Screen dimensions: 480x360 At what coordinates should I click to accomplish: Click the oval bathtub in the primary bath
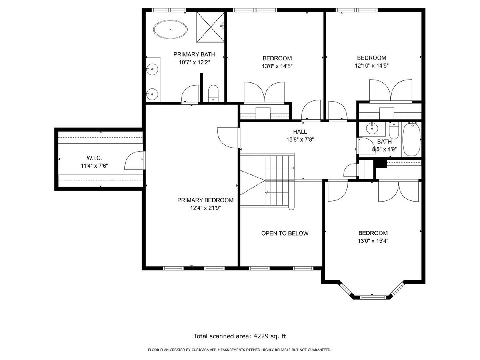(170, 29)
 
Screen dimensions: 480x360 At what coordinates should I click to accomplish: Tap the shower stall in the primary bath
(210, 27)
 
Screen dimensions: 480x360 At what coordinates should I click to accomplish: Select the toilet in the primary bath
(213, 93)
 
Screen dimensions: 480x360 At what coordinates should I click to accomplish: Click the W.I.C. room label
(94, 158)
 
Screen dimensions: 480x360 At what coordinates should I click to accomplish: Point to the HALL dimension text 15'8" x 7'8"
(300, 140)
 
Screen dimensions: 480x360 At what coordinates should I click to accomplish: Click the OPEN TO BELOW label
(285, 233)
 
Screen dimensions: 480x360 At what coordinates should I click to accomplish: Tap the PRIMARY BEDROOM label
(205, 200)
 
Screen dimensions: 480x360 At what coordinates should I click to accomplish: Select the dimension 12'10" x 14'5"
(372, 66)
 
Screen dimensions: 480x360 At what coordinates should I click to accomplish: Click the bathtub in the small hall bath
(411, 140)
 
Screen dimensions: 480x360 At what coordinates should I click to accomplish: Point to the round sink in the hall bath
(372, 128)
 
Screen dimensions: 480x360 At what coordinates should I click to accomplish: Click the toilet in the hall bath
(394, 130)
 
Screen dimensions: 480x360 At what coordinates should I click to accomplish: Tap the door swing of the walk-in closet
(134, 160)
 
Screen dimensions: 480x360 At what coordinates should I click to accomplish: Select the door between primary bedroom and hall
(228, 138)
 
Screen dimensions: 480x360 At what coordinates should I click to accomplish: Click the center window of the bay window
(372, 297)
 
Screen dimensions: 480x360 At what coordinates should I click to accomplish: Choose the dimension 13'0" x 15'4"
(373, 241)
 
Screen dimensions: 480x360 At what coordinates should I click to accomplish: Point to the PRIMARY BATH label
(194, 54)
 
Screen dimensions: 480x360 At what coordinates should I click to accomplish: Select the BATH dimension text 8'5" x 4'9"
(384, 150)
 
